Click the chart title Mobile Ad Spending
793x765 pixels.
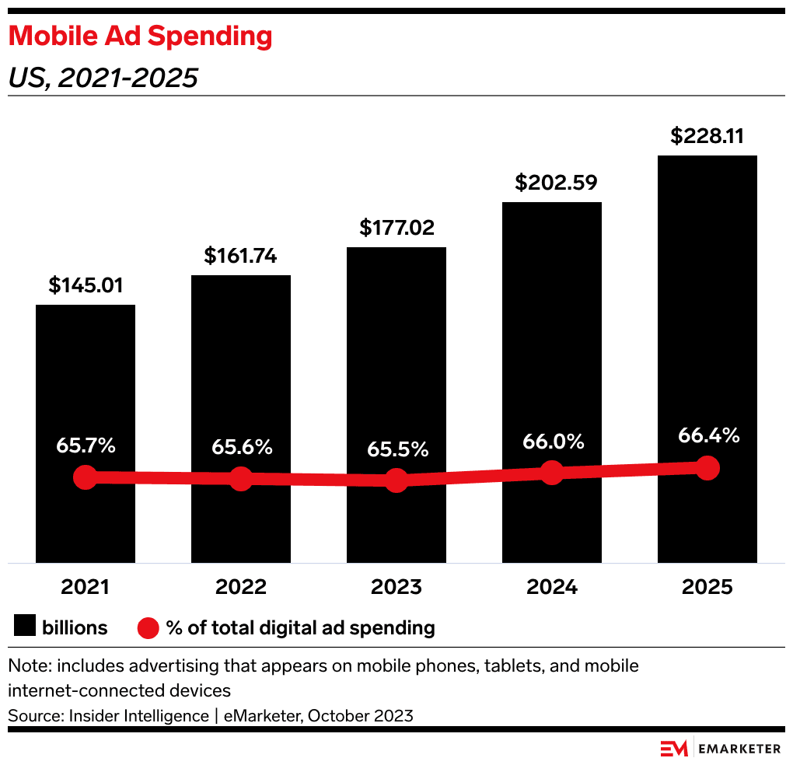tap(140, 36)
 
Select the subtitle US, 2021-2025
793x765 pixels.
tap(102, 78)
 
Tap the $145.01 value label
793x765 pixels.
tap(86, 285)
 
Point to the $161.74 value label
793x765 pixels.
tap(240, 256)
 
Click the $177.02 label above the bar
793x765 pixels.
tap(396, 228)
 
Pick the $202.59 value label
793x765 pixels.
tap(551, 183)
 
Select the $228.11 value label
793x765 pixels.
tap(707, 136)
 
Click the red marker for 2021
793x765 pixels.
tap(85, 477)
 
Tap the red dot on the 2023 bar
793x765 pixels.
tap(396, 480)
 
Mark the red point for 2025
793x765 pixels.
tap(707, 467)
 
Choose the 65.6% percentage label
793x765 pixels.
tap(241, 448)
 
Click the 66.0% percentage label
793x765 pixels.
tap(552, 442)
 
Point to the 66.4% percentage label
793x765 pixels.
tap(707, 435)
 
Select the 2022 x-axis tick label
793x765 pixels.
tap(241, 587)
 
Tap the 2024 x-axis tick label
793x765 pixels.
tap(552, 587)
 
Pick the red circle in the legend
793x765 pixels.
tap(148, 627)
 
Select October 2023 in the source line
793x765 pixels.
tap(361, 715)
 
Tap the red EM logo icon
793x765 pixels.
tap(674, 749)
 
